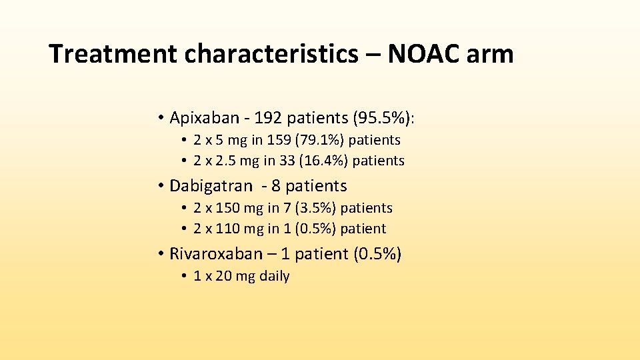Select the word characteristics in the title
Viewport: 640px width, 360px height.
point(271,54)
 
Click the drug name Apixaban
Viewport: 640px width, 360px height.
point(204,118)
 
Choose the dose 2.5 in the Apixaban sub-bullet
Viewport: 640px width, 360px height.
point(225,161)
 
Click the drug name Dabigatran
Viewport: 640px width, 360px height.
point(211,186)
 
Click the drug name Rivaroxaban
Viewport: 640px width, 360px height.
point(216,254)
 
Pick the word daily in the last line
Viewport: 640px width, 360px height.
point(274,276)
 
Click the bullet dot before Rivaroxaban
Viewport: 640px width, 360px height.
point(161,254)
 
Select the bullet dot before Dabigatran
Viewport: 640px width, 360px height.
point(161,186)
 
